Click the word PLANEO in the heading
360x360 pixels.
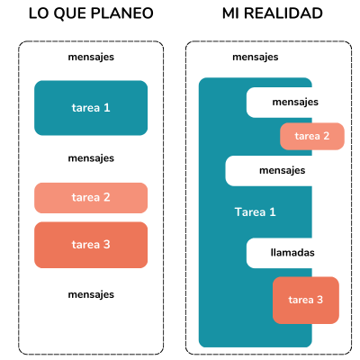pos(121,13)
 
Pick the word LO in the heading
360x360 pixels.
pos(40,13)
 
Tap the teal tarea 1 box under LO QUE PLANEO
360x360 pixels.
pos(91,108)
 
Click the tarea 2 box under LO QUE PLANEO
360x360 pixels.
pos(91,198)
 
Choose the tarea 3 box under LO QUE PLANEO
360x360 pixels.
pos(91,245)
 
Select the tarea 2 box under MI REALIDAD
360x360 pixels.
pos(312,136)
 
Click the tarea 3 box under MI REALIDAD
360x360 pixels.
pos(306,300)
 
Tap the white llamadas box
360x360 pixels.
pos(279,253)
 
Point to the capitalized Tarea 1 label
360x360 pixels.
pos(255,212)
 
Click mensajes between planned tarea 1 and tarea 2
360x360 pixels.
pos(91,158)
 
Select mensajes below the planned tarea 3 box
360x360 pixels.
pos(91,295)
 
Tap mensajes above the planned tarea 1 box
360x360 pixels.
pos(91,58)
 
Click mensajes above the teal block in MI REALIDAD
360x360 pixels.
pos(256,58)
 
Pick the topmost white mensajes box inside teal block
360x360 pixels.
pos(279,103)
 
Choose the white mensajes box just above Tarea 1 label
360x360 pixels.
pos(269,171)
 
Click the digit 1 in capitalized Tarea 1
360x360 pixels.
pos(273,212)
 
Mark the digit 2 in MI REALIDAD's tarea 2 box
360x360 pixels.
pos(326,136)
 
